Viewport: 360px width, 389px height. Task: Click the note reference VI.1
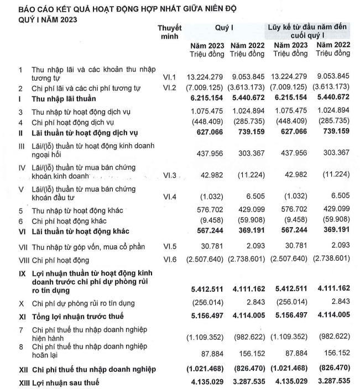pos(169,76)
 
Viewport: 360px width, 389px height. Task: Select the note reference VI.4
pos(169,196)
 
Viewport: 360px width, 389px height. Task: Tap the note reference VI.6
pos(169,260)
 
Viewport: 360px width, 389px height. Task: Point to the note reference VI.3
pos(169,175)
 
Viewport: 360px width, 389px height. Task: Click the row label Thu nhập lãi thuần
pos(64,98)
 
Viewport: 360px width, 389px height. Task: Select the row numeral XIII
pos(10,382)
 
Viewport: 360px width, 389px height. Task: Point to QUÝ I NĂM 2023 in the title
pos(41,19)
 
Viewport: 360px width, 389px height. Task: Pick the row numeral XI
pos(8,316)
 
